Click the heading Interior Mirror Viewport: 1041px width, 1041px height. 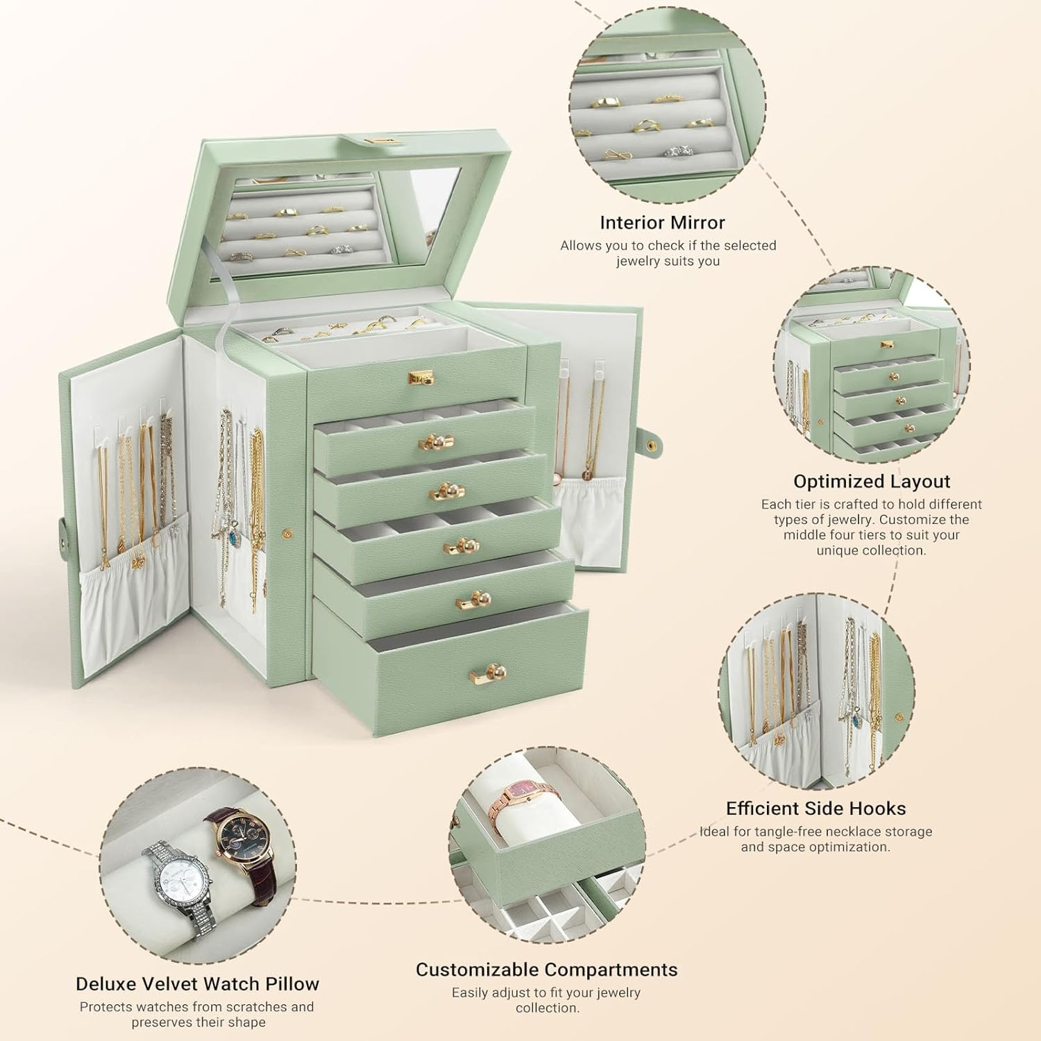click(662, 223)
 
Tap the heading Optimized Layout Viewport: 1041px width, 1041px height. click(872, 482)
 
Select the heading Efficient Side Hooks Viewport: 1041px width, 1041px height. click(815, 809)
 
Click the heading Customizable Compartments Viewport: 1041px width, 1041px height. click(546, 970)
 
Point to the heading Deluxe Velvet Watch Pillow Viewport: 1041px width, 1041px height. click(197, 984)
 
